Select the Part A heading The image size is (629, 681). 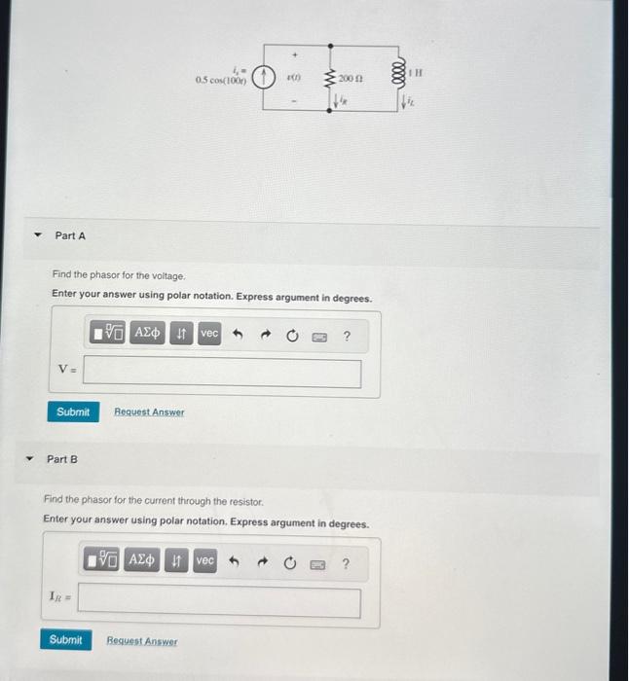[x=70, y=236]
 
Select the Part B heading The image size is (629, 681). [x=62, y=459]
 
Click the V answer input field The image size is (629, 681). [x=222, y=374]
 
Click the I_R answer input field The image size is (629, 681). [x=219, y=603]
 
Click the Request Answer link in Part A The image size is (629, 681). [x=149, y=412]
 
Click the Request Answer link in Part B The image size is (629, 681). [x=142, y=641]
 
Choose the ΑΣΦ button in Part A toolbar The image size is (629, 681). [x=147, y=334]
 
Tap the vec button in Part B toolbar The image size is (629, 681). [x=204, y=561]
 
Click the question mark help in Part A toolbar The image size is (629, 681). [x=347, y=337]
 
